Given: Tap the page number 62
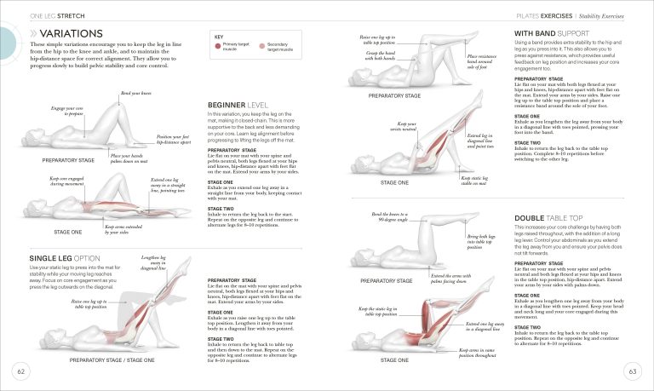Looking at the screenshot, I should click(18, 371).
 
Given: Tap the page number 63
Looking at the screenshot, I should click(633, 371).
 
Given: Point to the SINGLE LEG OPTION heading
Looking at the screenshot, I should click(66, 257).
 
